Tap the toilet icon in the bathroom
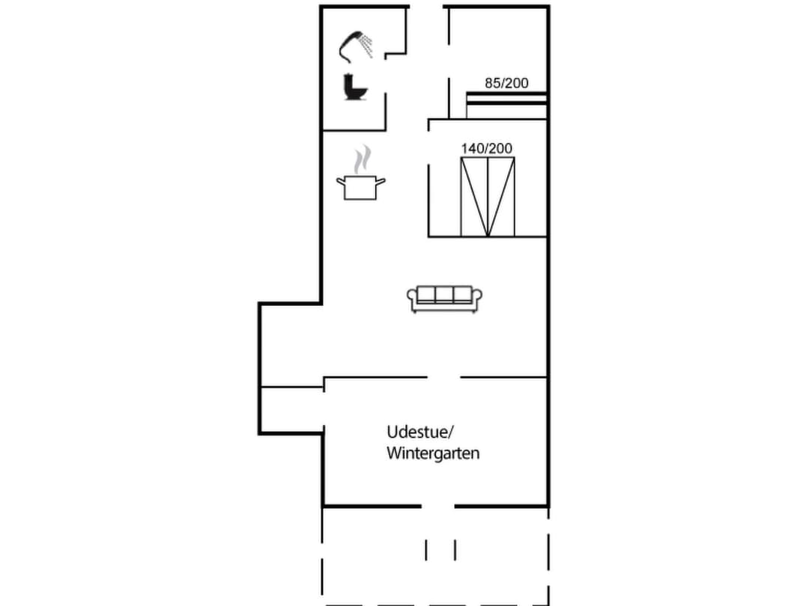(354, 87)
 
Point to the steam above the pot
(363, 159)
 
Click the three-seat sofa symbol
(445, 299)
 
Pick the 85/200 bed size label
(506, 83)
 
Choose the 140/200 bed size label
(487, 149)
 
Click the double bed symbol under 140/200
(488, 198)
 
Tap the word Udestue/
(421, 432)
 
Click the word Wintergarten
(433, 453)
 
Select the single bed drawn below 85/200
(506, 105)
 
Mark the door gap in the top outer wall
(427, 7)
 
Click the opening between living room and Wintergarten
(443, 378)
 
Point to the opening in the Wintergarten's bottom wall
(438, 506)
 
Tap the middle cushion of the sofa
(445, 294)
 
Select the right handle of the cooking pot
(382, 180)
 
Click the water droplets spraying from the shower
(366, 45)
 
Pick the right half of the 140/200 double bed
(501, 198)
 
